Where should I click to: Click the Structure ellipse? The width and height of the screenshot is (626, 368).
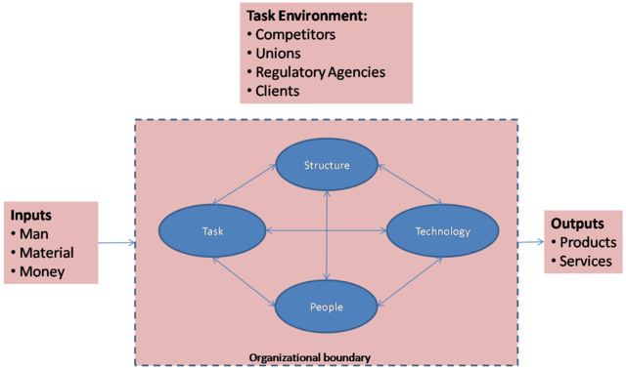[x=326, y=165]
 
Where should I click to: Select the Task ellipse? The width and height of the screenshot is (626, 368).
[x=213, y=232]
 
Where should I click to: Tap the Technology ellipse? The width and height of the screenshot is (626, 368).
[x=442, y=232]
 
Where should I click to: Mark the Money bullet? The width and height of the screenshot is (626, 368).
[x=42, y=270]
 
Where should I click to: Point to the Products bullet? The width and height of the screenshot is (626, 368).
[x=585, y=242]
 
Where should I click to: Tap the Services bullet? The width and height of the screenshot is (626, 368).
[x=584, y=261]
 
